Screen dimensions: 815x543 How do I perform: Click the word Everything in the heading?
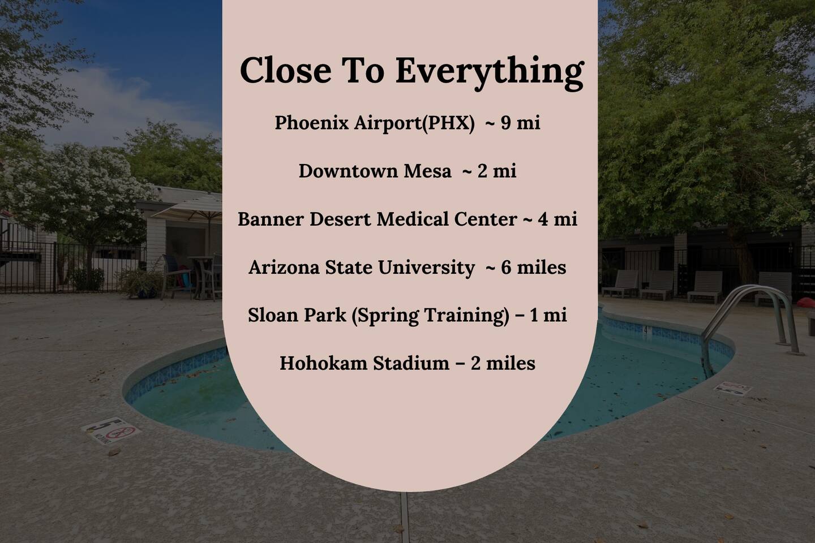point(490,72)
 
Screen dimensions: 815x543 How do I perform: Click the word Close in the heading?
point(286,70)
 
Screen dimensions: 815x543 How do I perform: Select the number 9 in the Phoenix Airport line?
point(505,123)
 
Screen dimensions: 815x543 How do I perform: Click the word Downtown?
point(348,171)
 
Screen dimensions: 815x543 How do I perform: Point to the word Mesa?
point(427,171)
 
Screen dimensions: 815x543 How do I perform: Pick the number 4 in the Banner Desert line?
point(543,219)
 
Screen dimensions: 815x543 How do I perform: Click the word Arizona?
point(285,268)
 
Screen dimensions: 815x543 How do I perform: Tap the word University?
point(426,268)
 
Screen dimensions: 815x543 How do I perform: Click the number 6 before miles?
point(506,268)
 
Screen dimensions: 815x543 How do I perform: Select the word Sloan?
point(272,315)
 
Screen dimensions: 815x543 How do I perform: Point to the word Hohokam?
point(323,363)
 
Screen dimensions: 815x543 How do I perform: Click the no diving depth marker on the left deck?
point(111,430)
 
